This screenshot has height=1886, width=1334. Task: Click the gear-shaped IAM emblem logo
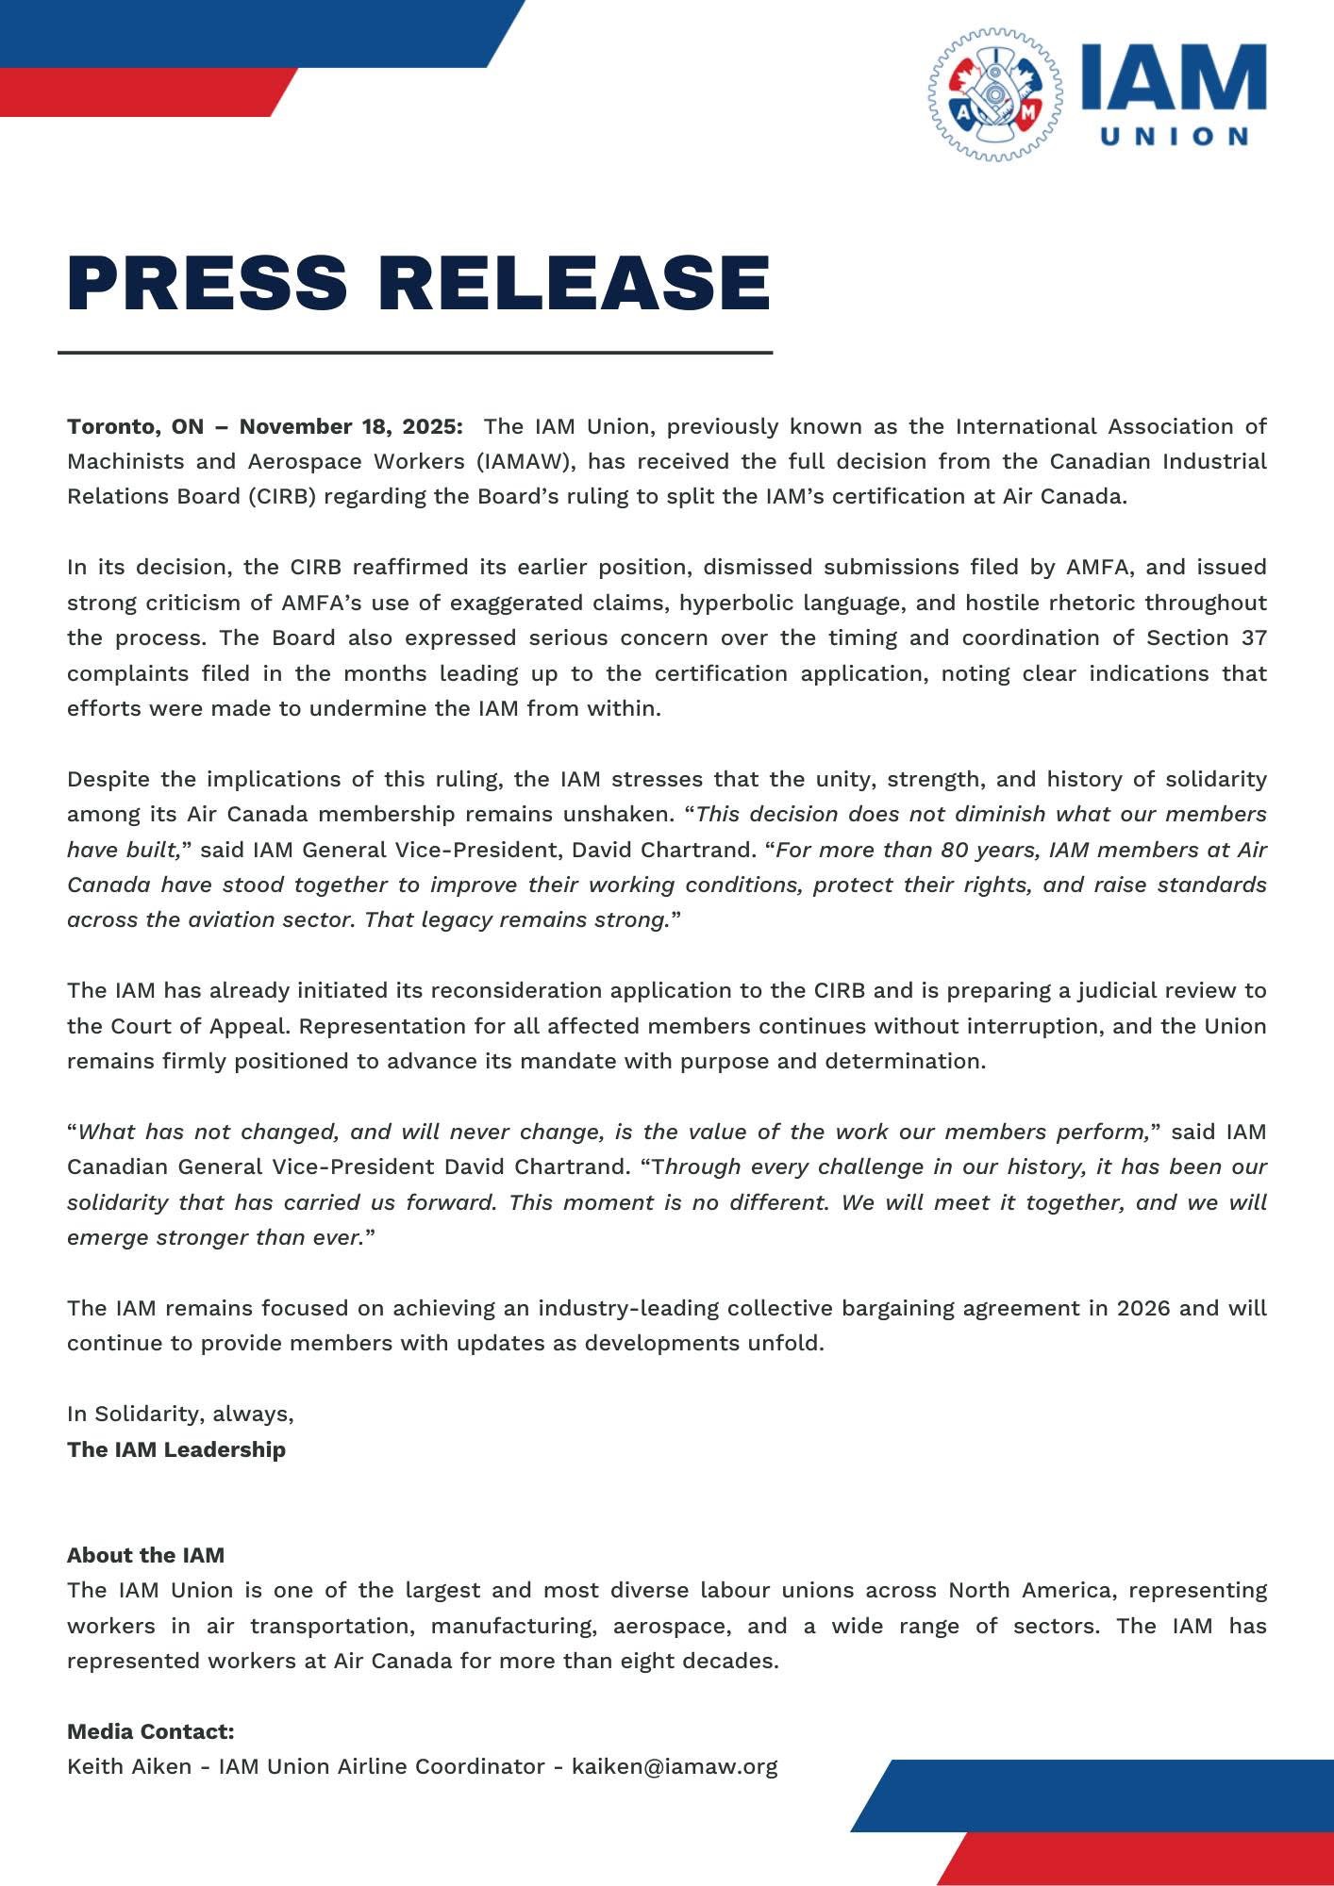[x=994, y=94]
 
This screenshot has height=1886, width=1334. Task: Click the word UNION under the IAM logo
[x=1175, y=137]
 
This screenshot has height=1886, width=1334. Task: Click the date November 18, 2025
[x=350, y=426]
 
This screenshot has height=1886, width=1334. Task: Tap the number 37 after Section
[x=1254, y=637]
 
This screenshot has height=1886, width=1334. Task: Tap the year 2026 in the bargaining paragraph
[x=1144, y=1308]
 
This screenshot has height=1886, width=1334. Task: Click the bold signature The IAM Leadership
[x=176, y=1449]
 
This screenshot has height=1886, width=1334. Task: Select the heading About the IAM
[x=145, y=1555]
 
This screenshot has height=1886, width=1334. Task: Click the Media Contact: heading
[x=151, y=1731]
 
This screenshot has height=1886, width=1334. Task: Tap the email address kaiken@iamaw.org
[x=675, y=1766]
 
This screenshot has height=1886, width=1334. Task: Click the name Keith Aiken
[x=129, y=1766]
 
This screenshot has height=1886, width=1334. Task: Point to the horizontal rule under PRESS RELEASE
[x=415, y=353]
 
